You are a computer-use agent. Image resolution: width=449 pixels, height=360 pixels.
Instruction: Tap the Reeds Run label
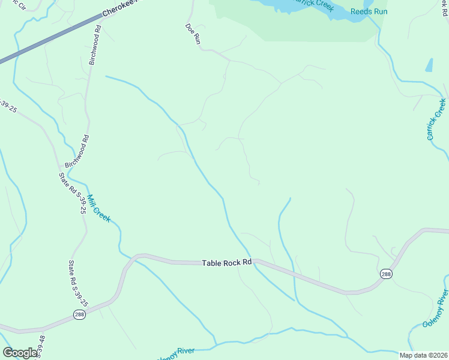[369, 11]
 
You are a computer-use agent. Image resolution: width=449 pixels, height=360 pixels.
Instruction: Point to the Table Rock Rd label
[226, 263]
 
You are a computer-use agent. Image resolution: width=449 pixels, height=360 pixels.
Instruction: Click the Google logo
[20, 353]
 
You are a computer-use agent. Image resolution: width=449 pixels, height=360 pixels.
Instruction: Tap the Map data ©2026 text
[423, 355]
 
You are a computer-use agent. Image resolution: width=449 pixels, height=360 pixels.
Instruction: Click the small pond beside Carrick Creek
[429, 65]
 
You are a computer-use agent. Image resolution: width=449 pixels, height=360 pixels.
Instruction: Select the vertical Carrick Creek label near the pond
[437, 119]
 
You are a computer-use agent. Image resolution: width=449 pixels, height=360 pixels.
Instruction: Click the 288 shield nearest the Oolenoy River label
[386, 274]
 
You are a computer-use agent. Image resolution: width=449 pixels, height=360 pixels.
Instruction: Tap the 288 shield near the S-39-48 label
[79, 314]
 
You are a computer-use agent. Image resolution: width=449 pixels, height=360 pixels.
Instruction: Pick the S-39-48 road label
[41, 347]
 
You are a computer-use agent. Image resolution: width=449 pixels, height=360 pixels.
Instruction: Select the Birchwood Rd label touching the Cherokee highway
[95, 45]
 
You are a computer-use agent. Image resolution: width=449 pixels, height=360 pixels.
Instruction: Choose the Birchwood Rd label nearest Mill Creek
[77, 151]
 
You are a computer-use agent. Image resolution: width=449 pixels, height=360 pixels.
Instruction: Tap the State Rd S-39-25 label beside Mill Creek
[72, 193]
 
